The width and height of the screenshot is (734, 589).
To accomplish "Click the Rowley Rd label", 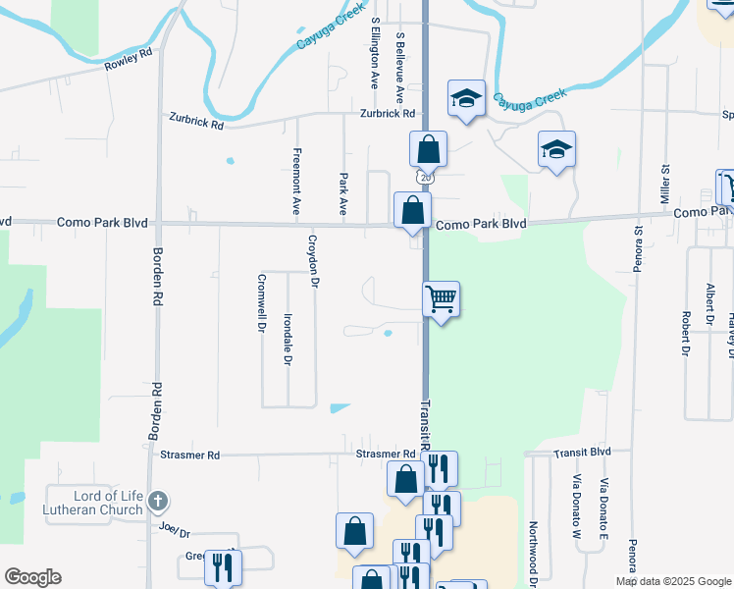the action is [129, 61].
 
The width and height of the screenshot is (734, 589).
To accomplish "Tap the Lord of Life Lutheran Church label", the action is [94, 502].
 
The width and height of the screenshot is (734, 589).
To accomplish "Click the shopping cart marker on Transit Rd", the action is [441, 298].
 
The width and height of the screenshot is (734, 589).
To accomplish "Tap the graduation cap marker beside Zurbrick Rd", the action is [466, 98].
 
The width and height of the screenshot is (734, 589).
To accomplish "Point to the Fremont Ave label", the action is [295, 181].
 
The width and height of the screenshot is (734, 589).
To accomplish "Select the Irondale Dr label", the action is [288, 340].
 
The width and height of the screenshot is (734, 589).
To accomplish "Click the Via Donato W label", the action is [578, 509].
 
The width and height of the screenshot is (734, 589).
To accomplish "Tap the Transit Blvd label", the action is [582, 453].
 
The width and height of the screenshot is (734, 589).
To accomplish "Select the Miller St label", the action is [664, 185].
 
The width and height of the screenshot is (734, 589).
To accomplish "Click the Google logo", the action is [32, 577].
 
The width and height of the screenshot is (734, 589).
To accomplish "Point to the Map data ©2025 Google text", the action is [672, 581].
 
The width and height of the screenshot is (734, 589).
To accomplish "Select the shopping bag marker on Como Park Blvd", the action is [412, 210].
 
